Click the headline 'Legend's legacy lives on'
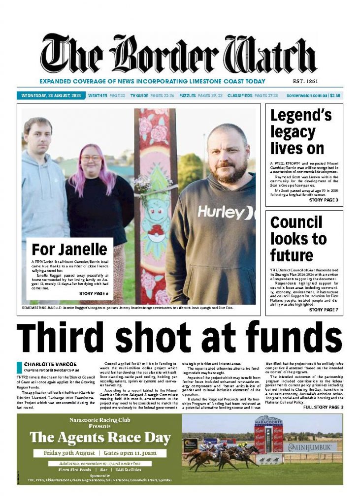coord(300,132)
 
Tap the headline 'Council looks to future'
coord(298,239)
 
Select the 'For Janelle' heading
coord(69,249)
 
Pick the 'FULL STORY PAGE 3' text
coord(323,408)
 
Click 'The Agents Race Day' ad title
coord(100,438)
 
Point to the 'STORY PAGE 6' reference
coord(93,293)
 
